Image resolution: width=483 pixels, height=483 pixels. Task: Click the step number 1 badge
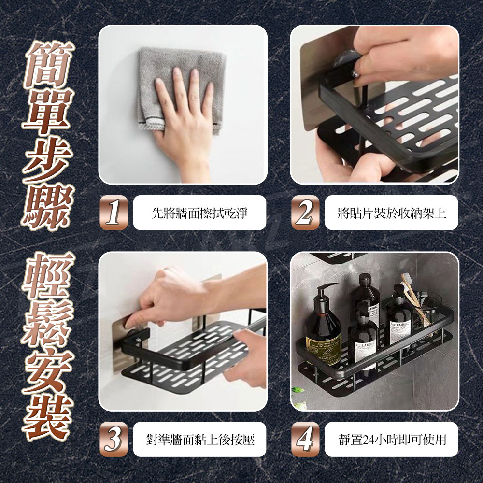114,213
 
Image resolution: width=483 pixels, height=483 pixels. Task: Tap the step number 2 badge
305,213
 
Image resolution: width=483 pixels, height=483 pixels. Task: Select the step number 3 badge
114,439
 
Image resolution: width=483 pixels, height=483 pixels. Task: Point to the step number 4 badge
305,439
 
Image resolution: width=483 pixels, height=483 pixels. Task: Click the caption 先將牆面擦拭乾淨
199,213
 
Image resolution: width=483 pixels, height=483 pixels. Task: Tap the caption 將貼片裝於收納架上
392,213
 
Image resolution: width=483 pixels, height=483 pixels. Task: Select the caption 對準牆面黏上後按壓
200,440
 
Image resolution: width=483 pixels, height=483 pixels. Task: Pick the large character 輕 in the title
49,276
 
